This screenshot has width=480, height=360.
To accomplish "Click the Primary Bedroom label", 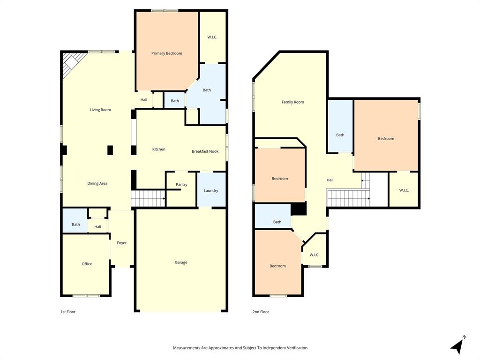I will click(x=166, y=53).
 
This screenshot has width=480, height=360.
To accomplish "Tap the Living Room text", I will click(x=100, y=110).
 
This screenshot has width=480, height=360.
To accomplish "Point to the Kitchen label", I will click(x=159, y=149).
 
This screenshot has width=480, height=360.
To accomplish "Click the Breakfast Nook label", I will click(x=205, y=151).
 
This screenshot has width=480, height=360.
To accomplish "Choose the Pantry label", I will click(x=181, y=185).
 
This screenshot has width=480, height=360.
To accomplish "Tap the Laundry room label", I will click(x=211, y=191).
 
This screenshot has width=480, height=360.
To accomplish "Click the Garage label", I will click(x=181, y=262).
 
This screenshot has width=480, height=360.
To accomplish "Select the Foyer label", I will click(x=122, y=243).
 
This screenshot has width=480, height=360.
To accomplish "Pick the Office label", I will click(x=87, y=264).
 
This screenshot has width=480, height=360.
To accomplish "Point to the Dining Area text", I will click(x=97, y=183).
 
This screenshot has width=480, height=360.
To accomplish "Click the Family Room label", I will click(x=292, y=102).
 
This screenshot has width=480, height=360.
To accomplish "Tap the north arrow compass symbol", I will click(x=458, y=345).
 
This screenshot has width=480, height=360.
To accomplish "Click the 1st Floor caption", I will click(x=68, y=312).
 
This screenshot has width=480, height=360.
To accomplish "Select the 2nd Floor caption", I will click(x=261, y=312).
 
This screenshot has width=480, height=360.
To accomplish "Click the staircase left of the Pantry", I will click(x=148, y=198).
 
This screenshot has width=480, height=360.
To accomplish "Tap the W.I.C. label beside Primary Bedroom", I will click(x=212, y=37).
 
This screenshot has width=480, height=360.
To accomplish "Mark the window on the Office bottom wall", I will click(x=86, y=295).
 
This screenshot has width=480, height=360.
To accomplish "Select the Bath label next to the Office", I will click(x=76, y=225).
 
